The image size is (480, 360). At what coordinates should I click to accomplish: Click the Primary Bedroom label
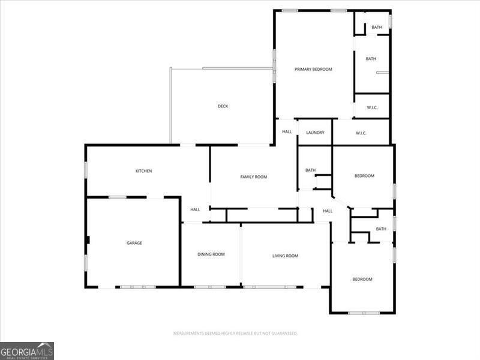point(313,70)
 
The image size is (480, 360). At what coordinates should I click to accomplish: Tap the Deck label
point(223,107)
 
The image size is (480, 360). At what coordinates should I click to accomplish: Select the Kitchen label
point(143,172)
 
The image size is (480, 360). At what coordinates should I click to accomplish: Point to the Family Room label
point(253,177)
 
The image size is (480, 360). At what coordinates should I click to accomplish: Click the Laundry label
point(315,133)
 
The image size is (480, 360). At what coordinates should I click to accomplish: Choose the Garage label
point(134,243)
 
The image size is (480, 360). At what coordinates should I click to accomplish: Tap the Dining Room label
point(211,254)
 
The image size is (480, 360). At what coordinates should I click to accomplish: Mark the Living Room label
point(285,256)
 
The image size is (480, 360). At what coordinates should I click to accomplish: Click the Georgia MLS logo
point(27,350)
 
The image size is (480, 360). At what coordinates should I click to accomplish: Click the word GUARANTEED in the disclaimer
point(284,333)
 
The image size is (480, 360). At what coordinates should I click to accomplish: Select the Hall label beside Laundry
point(287,132)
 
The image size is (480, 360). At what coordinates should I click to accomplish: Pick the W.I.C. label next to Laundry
point(361,133)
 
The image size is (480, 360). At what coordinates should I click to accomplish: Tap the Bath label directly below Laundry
point(310,170)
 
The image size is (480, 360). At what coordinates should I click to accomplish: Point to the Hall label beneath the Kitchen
point(195,210)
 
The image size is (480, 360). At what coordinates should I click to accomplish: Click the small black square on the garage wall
point(88,240)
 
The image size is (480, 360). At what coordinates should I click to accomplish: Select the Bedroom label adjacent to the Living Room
point(362,280)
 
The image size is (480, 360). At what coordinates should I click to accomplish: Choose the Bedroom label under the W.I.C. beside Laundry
point(364,176)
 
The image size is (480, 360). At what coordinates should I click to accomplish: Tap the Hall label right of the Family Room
point(328,211)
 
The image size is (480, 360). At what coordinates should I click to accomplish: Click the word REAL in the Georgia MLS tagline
point(12,358)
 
